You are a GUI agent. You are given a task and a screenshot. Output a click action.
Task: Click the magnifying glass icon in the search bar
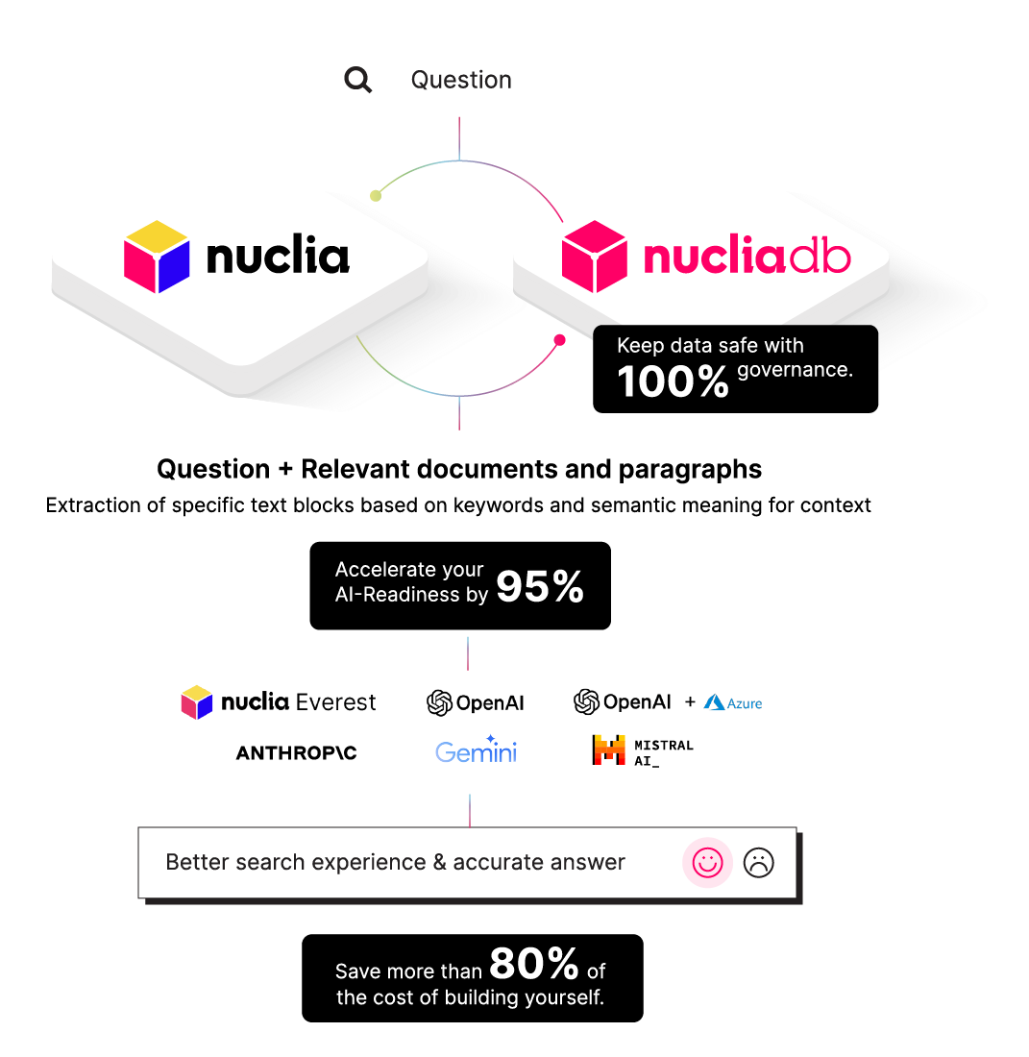click(x=358, y=80)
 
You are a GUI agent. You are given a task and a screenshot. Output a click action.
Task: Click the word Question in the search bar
click(x=461, y=80)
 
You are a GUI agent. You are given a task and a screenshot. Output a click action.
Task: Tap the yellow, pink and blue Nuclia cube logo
click(x=157, y=257)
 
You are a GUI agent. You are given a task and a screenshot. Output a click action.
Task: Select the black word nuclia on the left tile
click(x=278, y=257)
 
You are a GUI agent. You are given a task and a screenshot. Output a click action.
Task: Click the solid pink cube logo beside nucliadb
click(x=595, y=257)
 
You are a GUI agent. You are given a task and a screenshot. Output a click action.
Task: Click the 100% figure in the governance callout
click(x=674, y=381)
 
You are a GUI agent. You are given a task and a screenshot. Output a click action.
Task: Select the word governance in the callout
click(x=795, y=370)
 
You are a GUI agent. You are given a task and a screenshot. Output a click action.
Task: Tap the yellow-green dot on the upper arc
click(x=376, y=195)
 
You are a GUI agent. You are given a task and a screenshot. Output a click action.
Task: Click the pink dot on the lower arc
click(x=560, y=339)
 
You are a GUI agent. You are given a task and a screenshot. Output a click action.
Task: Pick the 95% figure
click(x=540, y=587)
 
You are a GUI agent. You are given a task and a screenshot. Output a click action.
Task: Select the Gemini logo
click(x=477, y=750)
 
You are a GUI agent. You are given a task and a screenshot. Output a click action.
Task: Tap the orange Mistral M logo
click(x=610, y=750)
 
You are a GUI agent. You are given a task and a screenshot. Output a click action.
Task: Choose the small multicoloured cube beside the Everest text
click(x=197, y=702)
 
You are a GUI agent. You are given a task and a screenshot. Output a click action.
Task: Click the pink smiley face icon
click(x=708, y=862)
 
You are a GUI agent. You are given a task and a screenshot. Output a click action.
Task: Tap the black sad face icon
click(x=759, y=862)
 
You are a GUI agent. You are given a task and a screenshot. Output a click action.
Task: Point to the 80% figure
click(x=534, y=963)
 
